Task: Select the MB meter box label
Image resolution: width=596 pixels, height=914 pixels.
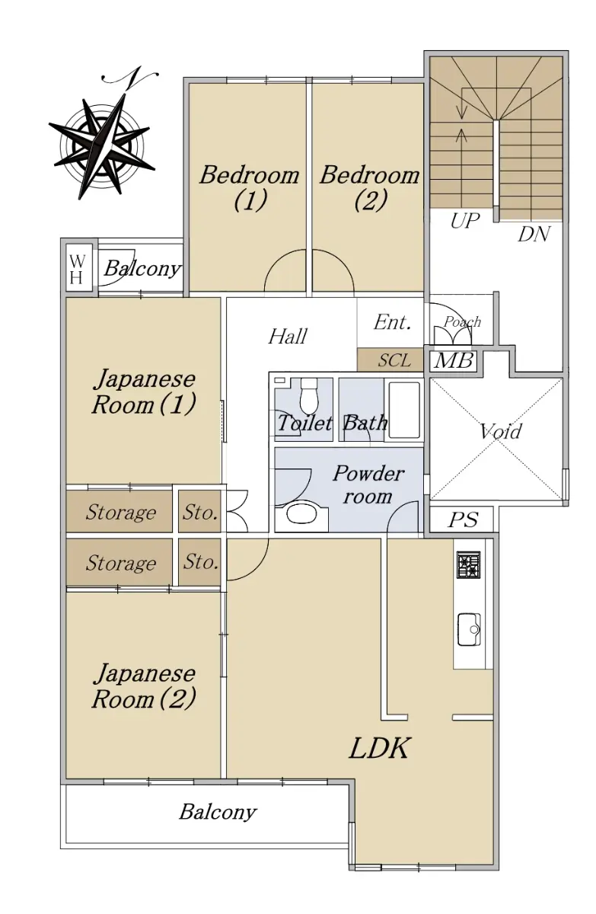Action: (453, 361)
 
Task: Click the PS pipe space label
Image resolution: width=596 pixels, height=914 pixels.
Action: (463, 519)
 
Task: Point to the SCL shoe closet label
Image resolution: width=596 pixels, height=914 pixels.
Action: (394, 360)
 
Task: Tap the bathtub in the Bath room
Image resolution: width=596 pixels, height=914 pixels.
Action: (404, 410)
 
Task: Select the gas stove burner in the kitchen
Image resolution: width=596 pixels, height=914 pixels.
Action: (469, 564)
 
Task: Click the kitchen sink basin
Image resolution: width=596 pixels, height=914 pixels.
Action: (469, 630)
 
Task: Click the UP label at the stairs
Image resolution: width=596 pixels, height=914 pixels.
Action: (464, 221)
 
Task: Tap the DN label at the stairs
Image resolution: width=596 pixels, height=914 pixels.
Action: (534, 235)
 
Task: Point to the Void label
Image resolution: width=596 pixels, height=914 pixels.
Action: (501, 431)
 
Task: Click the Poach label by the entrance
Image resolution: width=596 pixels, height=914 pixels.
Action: (462, 322)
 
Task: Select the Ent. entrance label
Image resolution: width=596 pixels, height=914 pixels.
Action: (392, 322)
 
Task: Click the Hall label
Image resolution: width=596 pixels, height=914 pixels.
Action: (288, 337)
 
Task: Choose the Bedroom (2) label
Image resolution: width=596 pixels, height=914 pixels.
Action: (369, 187)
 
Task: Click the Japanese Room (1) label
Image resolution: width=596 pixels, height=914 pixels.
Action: (144, 391)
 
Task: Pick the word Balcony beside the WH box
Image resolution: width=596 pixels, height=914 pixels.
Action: (142, 269)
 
